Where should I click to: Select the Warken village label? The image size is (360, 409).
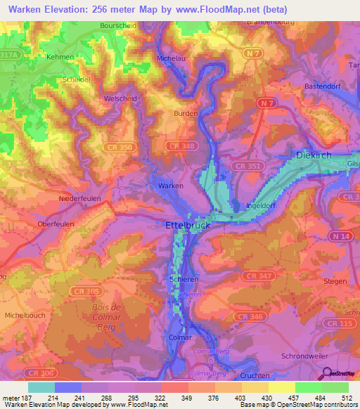coord(171,186)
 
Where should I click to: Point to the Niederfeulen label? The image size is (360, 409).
coord(79,199)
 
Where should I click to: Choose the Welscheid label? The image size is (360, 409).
coord(119,98)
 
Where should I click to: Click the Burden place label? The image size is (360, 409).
coord(186,112)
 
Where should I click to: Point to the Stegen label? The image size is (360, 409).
coord(335,281)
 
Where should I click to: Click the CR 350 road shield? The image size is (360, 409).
coord(120,148)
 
